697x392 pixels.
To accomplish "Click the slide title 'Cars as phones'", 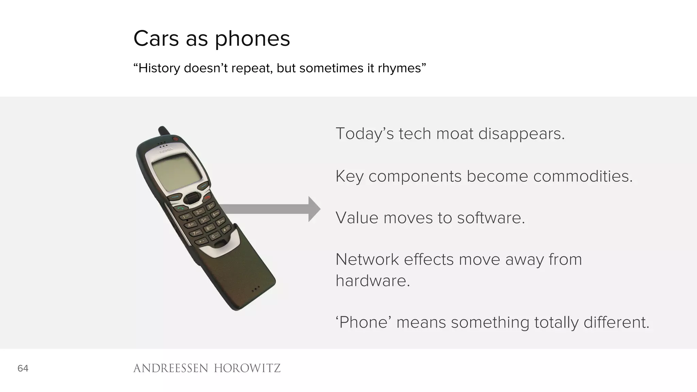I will pos(212,38).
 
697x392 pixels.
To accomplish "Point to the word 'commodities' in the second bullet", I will pos(582,176).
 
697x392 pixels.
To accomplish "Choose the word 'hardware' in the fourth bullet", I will pos(373,281).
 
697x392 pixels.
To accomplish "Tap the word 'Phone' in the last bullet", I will pos(364,322).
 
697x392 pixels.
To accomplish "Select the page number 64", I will pos(23,368).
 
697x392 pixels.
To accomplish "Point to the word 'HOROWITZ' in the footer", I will pos(247,368).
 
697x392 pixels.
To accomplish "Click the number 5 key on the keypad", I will pos(204,220).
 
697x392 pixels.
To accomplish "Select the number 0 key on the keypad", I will pos(214,236).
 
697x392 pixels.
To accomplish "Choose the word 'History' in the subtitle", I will pos(159,68).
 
